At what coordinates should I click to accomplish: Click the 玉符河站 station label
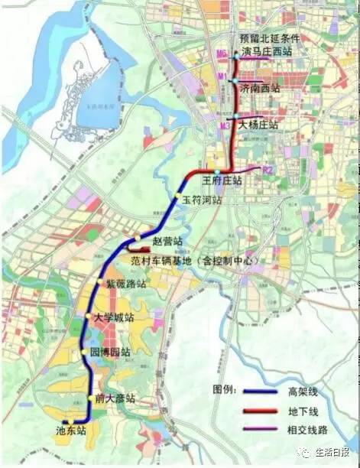click(202, 200)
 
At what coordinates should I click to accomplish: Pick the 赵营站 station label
click(168, 241)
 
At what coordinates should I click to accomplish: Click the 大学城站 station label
click(113, 317)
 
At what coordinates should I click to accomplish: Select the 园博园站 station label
click(110, 353)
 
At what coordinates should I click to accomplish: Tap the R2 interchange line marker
click(268, 169)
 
